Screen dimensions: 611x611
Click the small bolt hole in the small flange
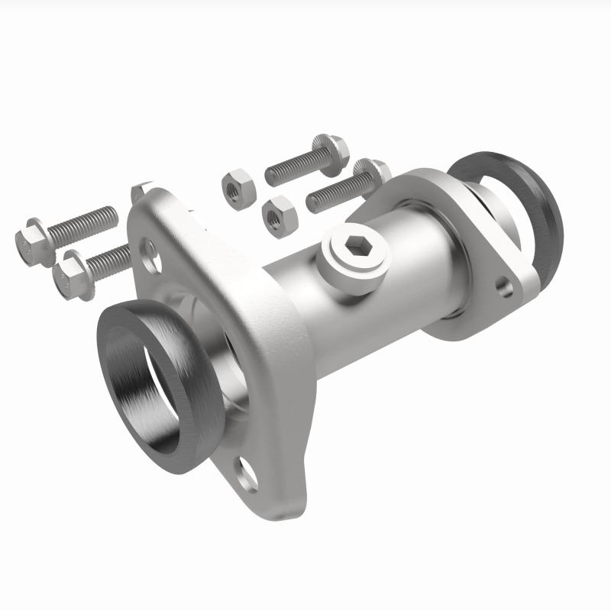click(x=504, y=287)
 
